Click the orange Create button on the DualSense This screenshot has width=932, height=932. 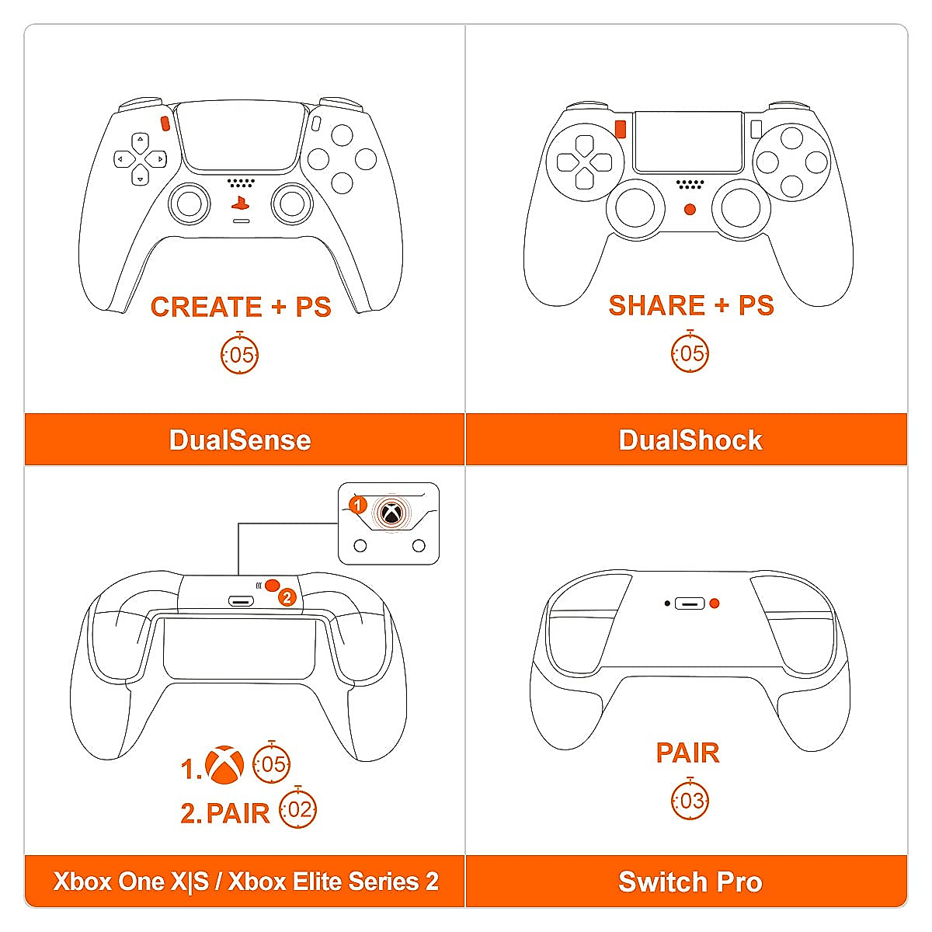(165, 123)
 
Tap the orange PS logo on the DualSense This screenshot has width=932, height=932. (240, 204)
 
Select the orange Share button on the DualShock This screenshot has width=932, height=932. (620, 128)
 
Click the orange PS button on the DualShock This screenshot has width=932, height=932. (690, 209)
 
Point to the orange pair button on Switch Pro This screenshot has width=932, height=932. (715, 603)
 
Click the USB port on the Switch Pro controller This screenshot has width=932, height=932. (689, 603)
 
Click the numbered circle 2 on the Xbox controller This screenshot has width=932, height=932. (287, 597)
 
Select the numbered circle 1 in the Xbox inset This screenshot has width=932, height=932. (357, 506)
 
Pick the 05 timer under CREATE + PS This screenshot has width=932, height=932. (240, 354)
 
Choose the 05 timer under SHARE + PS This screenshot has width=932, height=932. (690, 353)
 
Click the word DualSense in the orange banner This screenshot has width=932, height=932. (240, 440)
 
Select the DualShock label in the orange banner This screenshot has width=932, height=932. (690, 440)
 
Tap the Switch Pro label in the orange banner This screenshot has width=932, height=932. (690, 882)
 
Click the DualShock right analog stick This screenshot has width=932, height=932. (741, 207)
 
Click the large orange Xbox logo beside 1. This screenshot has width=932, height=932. (224, 765)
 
